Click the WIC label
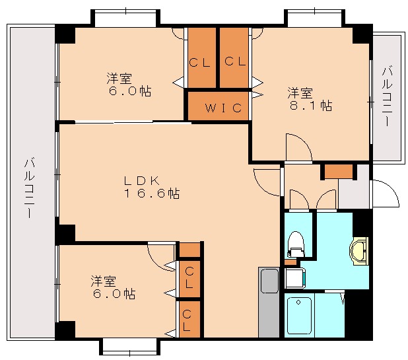(x=217, y=108)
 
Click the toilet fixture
(x=295, y=244)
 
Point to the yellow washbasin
(x=359, y=252)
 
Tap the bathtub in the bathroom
(x=300, y=316)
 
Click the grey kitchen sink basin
(x=269, y=282)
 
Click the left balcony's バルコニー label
(x=30, y=182)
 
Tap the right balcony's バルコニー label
(x=387, y=96)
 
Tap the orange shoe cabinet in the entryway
(x=339, y=171)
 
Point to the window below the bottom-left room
(x=130, y=346)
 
